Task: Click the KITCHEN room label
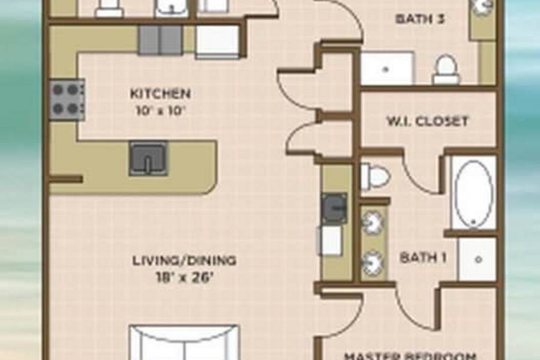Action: point(160,94)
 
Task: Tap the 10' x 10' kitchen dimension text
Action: point(159,111)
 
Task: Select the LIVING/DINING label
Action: point(185,260)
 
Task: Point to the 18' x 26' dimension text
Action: point(183,277)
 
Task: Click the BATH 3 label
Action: point(420,19)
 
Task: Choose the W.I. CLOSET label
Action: point(428,121)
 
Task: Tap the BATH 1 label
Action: point(423,257)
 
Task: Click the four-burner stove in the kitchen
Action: point(67,100)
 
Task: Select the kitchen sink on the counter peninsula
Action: point(148,158)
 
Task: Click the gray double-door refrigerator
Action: point(160,40)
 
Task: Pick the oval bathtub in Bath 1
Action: point(473,193)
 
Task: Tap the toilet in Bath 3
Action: point(446,70)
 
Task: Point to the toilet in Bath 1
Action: point(374,176)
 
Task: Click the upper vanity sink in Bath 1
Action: point(372,223)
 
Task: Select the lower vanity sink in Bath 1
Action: point(372,263)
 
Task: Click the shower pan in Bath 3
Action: point(387,68)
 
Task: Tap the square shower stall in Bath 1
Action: point(477,259)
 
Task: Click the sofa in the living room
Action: point(184,342)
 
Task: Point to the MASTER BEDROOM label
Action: point(410,356)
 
